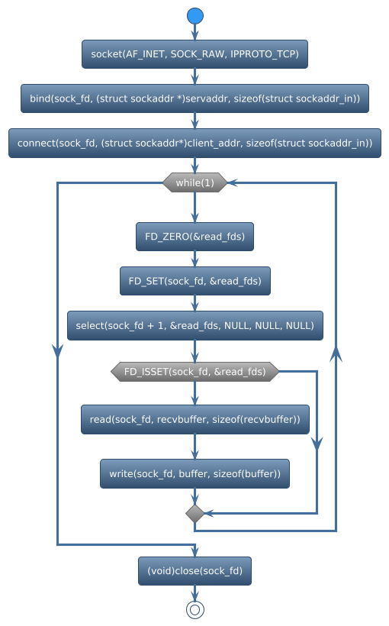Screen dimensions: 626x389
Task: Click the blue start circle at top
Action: [195, 16]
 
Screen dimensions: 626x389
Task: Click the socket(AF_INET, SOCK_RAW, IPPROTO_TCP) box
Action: [195, 54]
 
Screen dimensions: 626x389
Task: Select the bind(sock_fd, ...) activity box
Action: [195, 98]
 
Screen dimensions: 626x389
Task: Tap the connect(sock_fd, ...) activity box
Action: [195, 143]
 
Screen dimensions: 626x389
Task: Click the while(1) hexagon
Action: [195, 182]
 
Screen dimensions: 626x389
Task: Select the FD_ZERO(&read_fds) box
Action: [195, 237]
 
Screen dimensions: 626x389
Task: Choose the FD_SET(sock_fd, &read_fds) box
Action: [195, 281]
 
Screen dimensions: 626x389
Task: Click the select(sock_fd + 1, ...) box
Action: [195, 325]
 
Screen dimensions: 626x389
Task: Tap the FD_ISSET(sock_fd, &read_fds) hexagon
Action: [195, 372]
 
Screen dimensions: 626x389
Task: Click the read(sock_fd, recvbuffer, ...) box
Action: [195, 419]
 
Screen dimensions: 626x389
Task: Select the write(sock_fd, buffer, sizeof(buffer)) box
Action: [195, 473]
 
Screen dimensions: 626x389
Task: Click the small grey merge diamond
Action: [195, 513]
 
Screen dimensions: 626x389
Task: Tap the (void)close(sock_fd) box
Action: [195, 570]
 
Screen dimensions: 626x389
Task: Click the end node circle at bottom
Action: [195, 608]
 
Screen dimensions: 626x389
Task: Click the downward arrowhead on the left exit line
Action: [57, 349]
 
